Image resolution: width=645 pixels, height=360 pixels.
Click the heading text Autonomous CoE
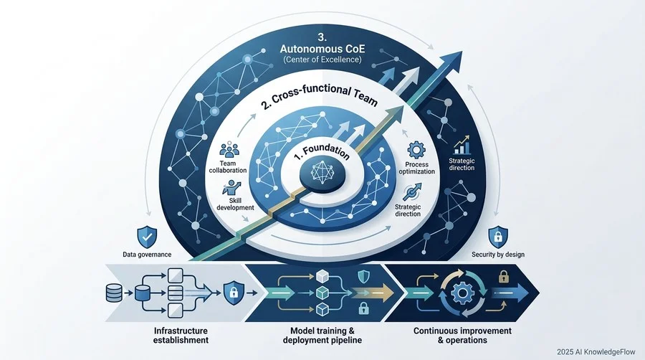(322, 49)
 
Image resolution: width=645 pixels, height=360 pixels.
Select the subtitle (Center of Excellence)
(322, 60)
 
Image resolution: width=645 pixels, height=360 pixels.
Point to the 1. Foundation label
(322, 152)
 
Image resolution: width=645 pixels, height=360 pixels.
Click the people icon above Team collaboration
(229, 150)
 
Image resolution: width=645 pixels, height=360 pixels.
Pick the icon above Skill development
(231, 187)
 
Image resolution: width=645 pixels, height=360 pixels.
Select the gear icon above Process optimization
(416, 150)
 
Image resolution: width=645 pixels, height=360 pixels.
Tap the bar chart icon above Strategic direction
(462, 145)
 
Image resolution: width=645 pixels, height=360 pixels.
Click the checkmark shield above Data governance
(147, 237)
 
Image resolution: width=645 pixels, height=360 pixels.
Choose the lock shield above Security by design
(498, 237)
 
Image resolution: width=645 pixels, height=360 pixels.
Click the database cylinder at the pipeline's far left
(114, 293)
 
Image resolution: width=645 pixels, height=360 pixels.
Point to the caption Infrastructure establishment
(181, 336)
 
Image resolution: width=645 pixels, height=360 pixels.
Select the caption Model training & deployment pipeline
(322, 336)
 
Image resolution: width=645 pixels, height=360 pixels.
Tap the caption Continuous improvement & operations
(462, 336)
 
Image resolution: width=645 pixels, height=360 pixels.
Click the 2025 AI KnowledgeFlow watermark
(596, 352)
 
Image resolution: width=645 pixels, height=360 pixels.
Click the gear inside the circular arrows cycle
(462, 293)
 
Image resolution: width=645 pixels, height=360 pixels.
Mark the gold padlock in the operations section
(504, 277)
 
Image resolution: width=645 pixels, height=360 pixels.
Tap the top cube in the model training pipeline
(322, 276)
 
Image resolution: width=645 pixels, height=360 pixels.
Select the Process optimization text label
(416, 168)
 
